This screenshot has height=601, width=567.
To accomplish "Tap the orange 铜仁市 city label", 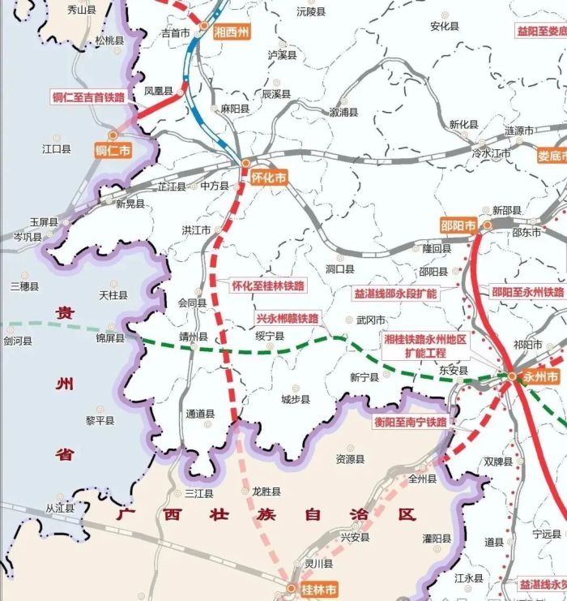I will click(113, 150).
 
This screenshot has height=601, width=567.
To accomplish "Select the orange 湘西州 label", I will click(232, 32).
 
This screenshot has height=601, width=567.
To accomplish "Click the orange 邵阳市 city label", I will click(458, 225).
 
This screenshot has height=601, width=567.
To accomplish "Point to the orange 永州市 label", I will click(540, 377).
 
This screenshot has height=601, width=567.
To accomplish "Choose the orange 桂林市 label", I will click(317, 589).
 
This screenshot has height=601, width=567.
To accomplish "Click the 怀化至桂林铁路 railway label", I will click(268, 285).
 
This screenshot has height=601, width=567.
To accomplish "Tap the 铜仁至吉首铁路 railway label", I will click(89, 97).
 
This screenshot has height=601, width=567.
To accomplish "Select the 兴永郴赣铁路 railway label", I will click(287, 318).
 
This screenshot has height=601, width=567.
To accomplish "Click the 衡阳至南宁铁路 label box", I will click(410, 423).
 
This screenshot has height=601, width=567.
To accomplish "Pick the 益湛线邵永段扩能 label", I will click(395, 293).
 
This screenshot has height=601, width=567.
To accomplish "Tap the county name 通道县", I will click(200, 414).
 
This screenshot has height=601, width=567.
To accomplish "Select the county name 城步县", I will click(296, 399).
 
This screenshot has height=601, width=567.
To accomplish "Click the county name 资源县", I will click(350, 459).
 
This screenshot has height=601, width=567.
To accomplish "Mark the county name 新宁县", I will click(364, 377).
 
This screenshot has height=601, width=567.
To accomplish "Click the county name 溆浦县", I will click(343, 112).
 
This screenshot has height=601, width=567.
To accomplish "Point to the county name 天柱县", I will click(113, 296).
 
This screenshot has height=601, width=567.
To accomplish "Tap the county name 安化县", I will click(445, 26).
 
